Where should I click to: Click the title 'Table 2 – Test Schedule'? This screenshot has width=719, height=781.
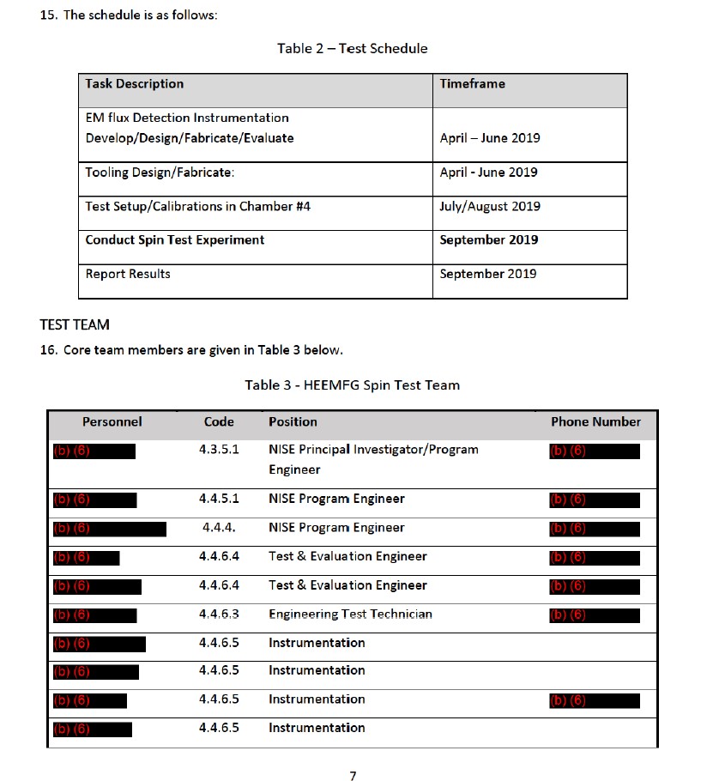coord(352,48)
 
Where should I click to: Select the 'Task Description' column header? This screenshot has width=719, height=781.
coord(135,84)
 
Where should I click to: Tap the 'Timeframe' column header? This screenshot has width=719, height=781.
coord(472,84)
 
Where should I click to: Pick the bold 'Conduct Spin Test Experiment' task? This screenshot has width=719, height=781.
coord(175,240)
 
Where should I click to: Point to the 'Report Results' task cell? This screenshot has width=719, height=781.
coord(128,274)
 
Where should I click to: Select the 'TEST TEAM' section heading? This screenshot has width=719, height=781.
coord(75,325)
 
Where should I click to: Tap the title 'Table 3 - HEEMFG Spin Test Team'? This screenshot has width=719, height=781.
coord(352,384)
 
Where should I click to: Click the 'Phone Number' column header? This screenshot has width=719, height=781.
coord(595,422)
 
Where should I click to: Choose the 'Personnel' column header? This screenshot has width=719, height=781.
coord(112,422)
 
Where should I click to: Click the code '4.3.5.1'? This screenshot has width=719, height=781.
coord(219,450)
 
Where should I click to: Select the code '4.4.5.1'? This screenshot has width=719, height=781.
coord(219,499)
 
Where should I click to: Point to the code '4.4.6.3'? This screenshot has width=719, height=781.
coord(219,615)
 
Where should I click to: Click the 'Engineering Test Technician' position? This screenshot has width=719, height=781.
coord(350,615)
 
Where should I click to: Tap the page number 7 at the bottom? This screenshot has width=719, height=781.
coord(353,776)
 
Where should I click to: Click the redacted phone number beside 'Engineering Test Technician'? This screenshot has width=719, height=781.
coord(594,615)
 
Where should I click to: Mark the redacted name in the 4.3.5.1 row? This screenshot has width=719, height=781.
coord(94,451)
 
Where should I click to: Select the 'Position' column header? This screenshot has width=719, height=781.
coord(293,422)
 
